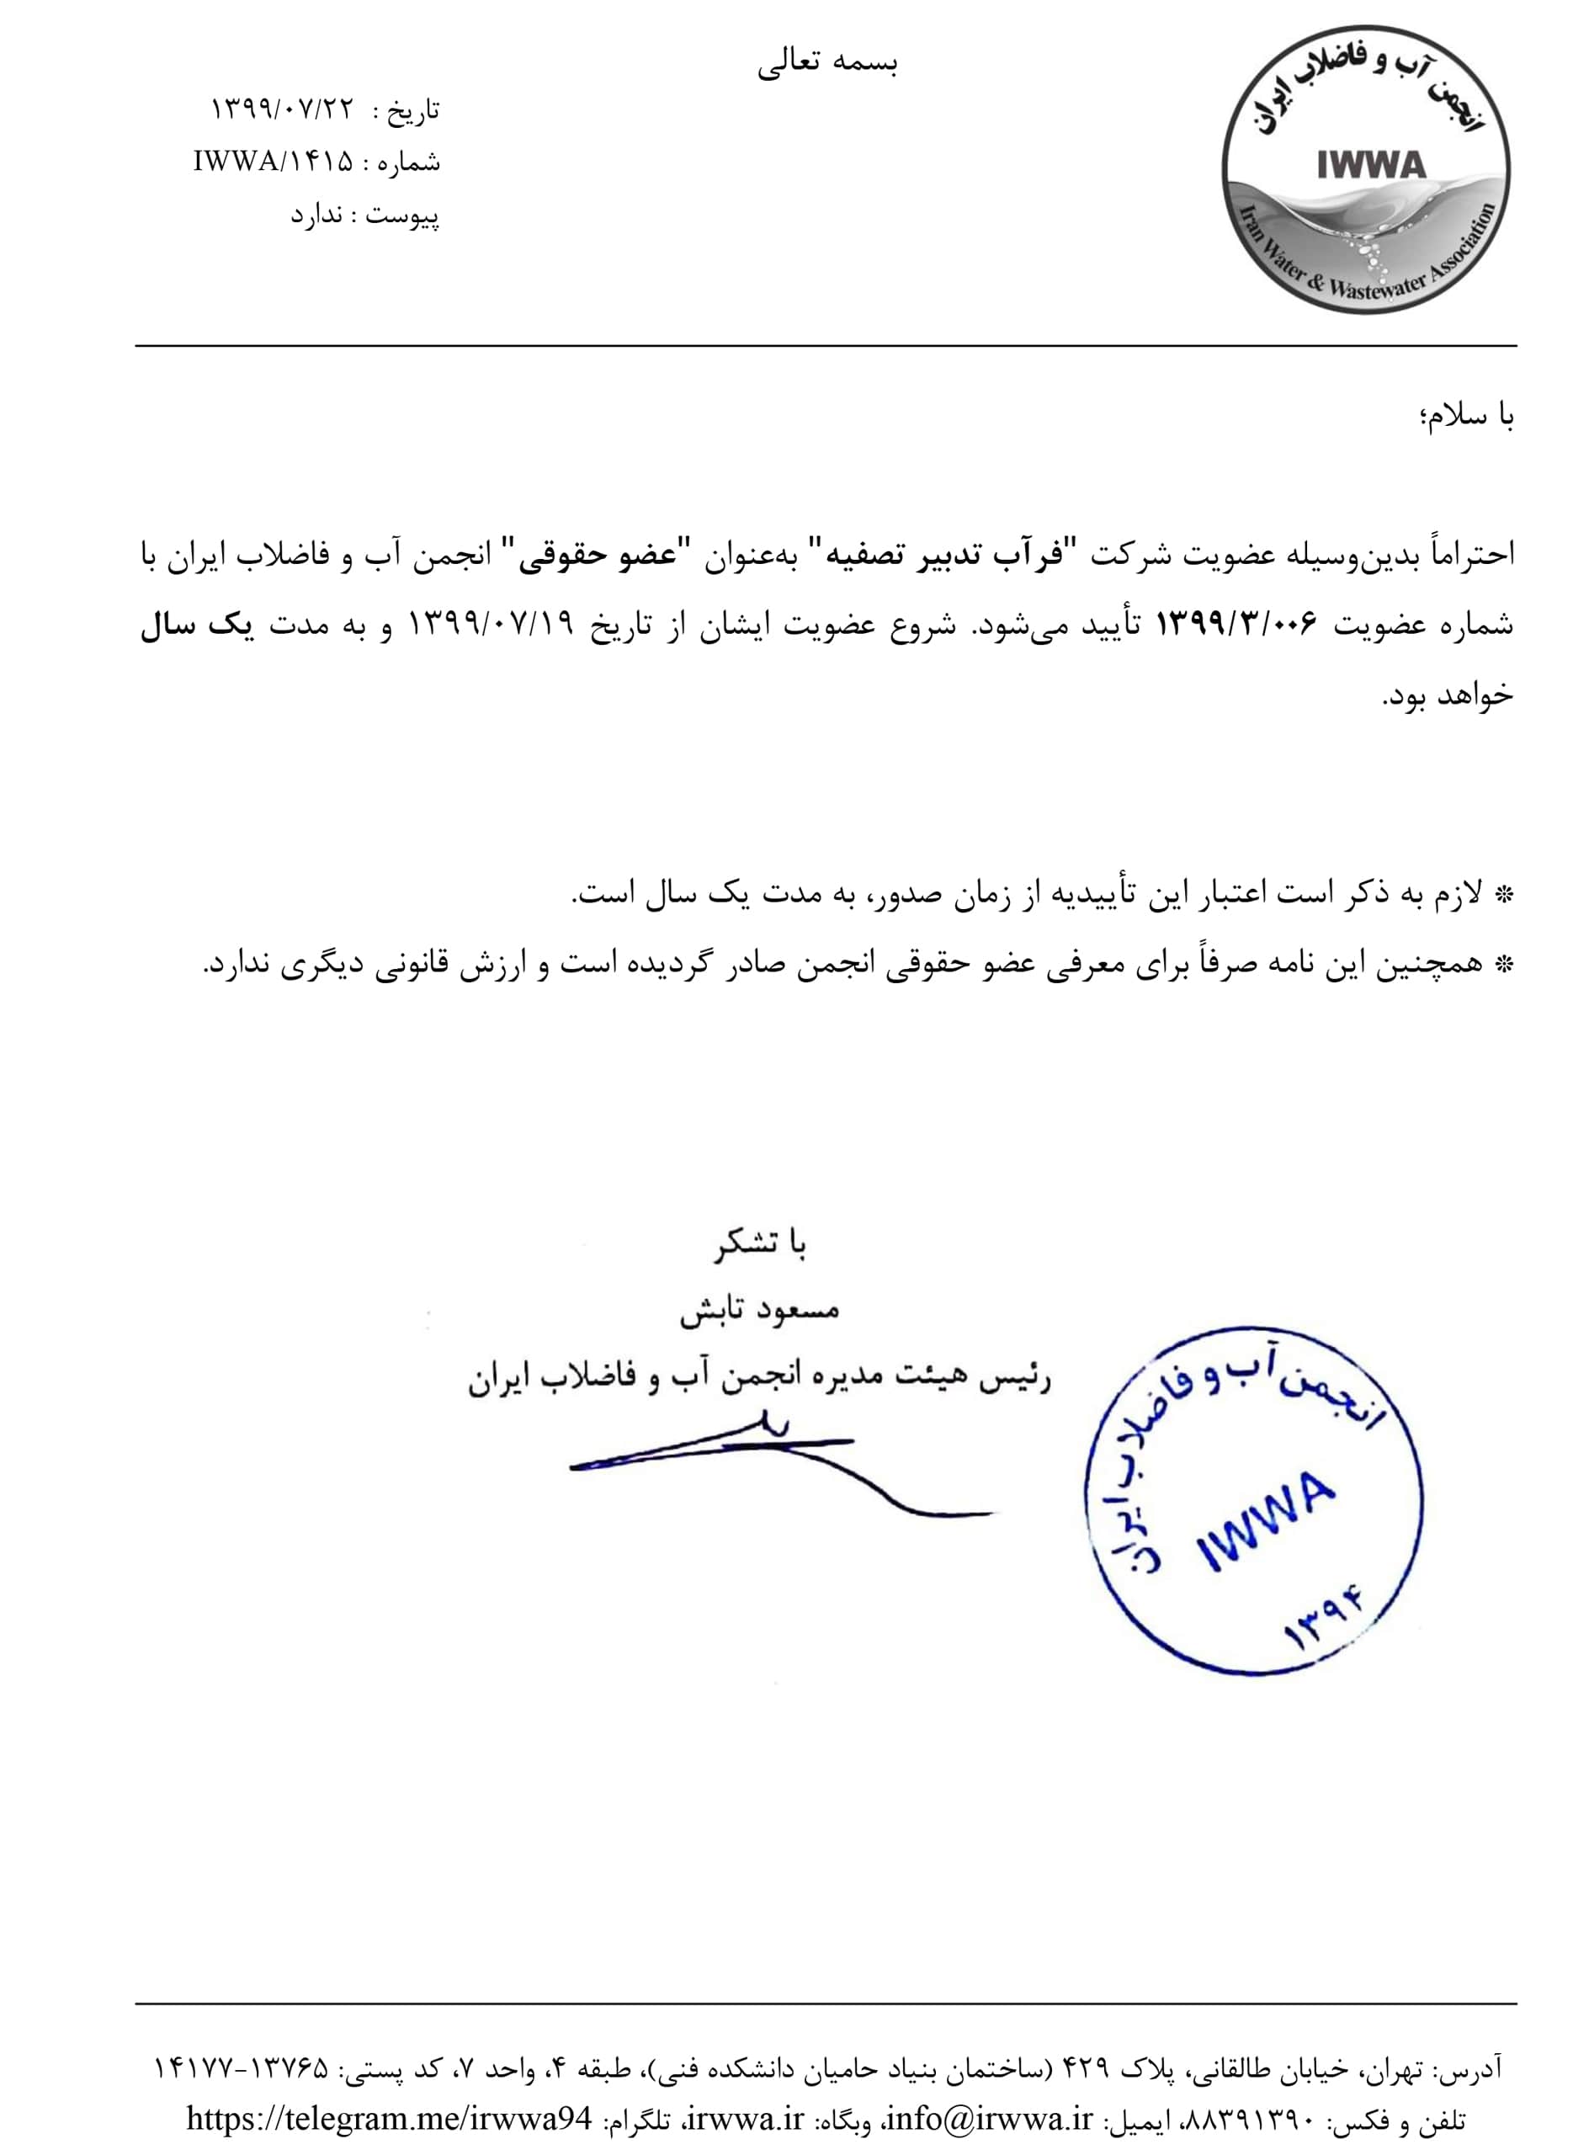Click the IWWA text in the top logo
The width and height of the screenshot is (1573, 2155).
pyautogui.click(x=1370, y=165)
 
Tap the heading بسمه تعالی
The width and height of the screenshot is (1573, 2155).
pyautogui.click(x=828, y=64)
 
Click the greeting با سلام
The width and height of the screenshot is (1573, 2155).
pyautogui.click(x=1467, y=417)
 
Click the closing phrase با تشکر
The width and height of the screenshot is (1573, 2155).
pyautogui.click(x=761, y=1245)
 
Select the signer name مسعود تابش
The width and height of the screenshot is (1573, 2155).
pyautogui.click(x=760, y=1312)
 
